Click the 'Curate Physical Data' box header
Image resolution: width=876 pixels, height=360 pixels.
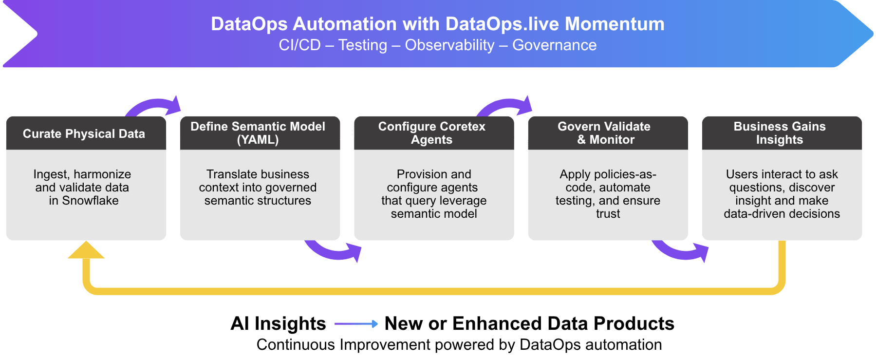coord(84,133)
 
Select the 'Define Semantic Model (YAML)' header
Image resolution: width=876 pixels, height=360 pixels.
coord(258,133)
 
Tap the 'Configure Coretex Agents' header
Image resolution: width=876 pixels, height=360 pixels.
coord(432,133)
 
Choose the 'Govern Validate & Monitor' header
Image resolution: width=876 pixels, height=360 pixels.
coord(605,133)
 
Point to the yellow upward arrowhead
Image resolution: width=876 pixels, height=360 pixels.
coord(86,250)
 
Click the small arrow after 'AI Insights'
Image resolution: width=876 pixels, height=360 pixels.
coord(356,323)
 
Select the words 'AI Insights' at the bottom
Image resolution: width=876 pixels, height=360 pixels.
coord(278,323)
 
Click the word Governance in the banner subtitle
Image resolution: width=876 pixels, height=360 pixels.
coord(554,45)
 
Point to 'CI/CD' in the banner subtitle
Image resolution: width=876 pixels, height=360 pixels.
coord(299,45)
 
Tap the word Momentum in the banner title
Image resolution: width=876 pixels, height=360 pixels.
coord(615,24)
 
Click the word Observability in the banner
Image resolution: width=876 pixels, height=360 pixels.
coord(449,45)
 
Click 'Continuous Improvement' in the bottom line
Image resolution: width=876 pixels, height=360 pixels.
coord(344,345)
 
